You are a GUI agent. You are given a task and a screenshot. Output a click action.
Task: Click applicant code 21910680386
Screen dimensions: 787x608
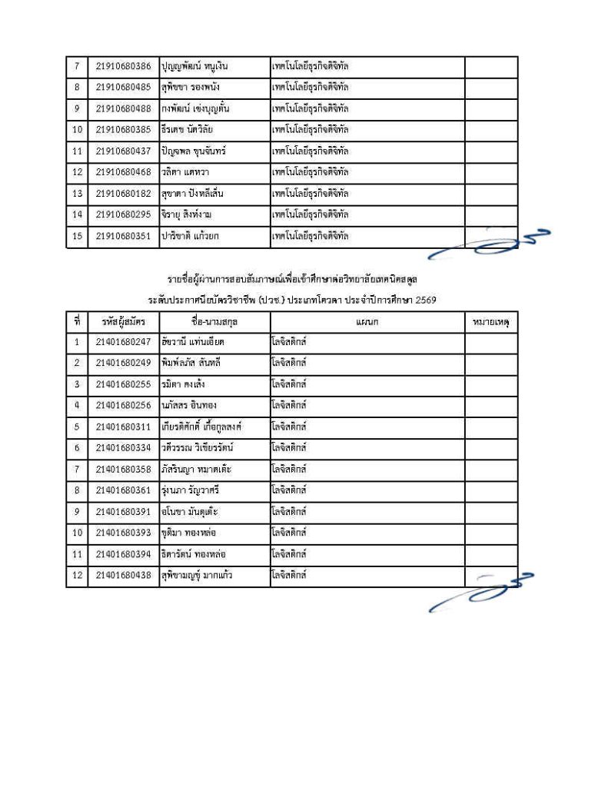pos(123,66)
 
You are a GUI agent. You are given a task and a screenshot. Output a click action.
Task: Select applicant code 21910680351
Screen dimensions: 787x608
pos(123,236)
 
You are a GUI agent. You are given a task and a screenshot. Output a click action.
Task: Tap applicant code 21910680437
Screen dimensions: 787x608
pos(123,151)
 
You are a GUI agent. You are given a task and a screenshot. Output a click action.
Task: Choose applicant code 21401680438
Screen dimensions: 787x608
pos(123,574)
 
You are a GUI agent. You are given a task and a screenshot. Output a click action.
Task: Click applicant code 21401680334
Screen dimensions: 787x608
pos(123,447)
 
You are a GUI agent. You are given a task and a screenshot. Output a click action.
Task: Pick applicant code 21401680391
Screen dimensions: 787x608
pos(123,510)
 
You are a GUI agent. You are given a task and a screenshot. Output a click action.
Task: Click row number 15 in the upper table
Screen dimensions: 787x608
pos(77,236)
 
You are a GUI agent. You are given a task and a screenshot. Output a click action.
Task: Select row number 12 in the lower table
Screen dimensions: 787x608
pos(77,574)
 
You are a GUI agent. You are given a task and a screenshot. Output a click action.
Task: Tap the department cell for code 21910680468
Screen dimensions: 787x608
pos(367,172)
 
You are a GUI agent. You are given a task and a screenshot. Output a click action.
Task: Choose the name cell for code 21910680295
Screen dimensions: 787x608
pos(214,214)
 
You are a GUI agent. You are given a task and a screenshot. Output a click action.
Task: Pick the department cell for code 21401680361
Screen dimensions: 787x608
pos(367,490)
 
